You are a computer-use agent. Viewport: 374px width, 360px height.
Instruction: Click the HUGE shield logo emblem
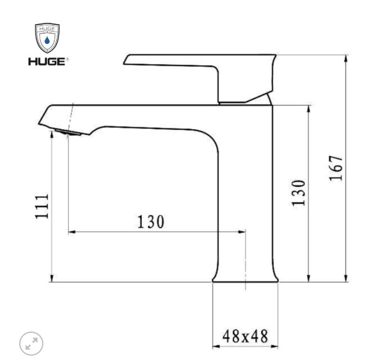(x=47, y=38)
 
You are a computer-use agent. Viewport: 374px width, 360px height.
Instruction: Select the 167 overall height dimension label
(x=334, y=168)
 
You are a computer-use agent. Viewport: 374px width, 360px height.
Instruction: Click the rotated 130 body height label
(x=298, y=193)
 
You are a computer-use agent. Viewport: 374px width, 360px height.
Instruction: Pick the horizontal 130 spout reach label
(x=150, y=221)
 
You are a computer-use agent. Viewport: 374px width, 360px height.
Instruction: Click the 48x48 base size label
(x=245, y=336)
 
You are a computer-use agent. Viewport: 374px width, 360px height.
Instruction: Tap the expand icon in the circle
(x=32, y=343)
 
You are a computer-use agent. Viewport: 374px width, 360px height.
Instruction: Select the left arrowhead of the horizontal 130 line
(x=71, y=232)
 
